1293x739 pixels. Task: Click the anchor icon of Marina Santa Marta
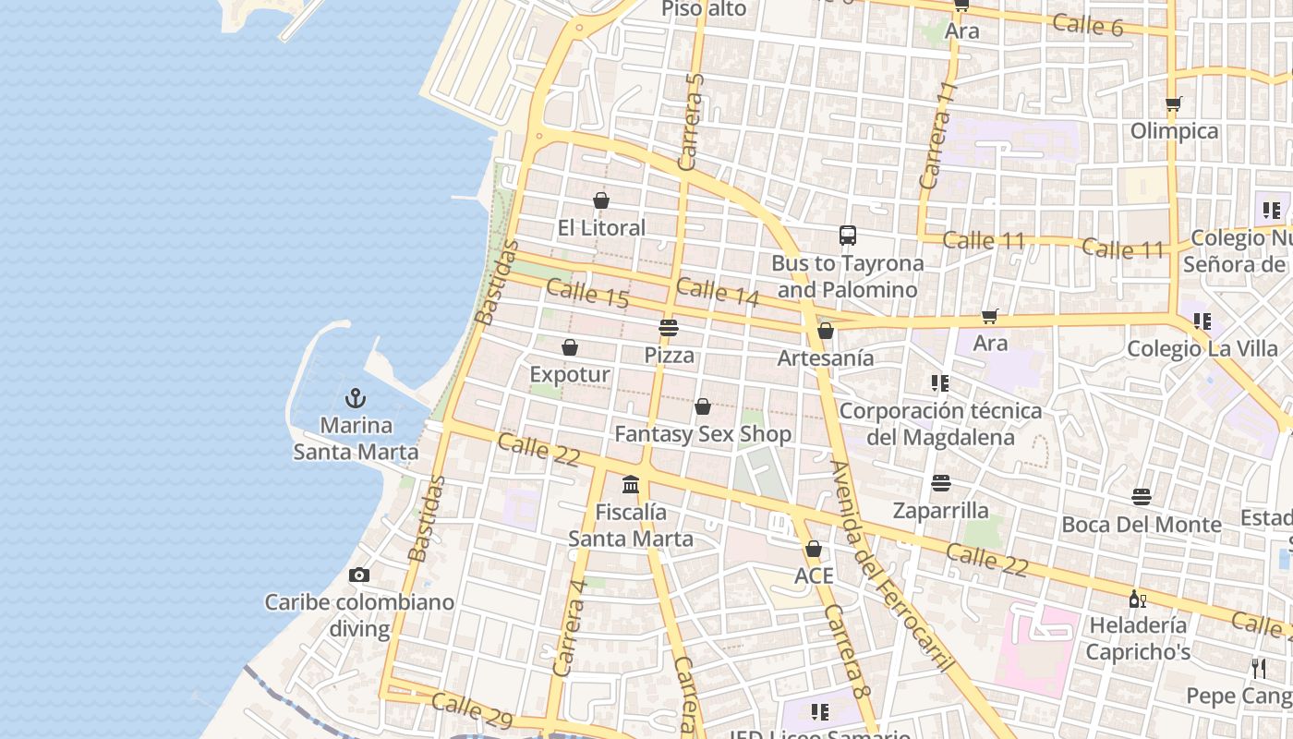[356, 399]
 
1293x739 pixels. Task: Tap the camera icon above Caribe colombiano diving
[359, 575]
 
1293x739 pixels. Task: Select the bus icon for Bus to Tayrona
[848, 236]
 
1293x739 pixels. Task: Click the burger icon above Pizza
[669, 328]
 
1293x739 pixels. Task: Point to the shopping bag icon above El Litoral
[601, 200]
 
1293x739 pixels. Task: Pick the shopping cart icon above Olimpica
[1174, 104]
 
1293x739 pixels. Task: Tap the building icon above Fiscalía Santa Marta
[631, 484]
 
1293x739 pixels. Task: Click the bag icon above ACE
[814, 549]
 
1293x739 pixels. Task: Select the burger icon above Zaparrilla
[941, 483]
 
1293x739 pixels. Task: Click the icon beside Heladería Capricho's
[1138, 599]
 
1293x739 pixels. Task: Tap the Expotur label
[570, 374]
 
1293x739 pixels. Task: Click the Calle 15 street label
[587, 294]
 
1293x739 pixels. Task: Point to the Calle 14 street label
[718, 292]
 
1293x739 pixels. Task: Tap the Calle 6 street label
[1088, 25]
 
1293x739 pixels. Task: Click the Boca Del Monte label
[1142, 525]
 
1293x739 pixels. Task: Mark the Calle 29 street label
[472, 709]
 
